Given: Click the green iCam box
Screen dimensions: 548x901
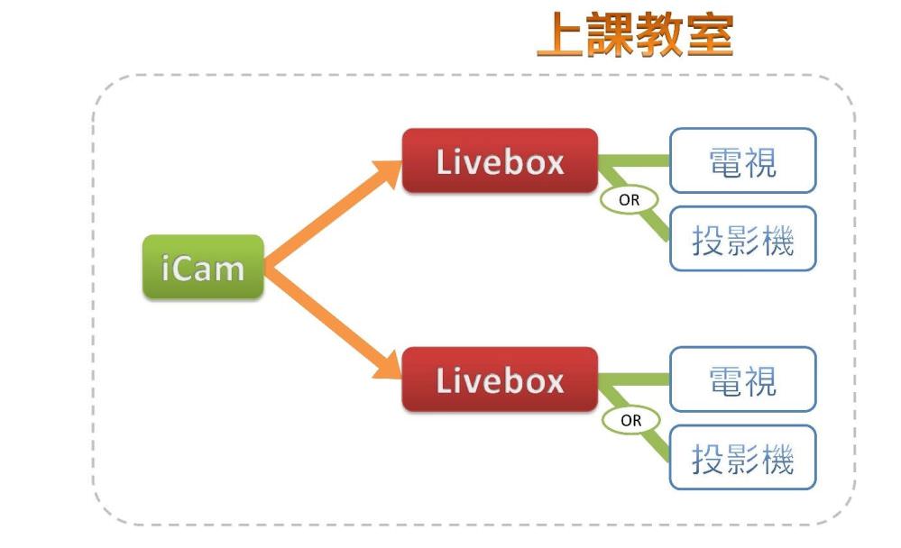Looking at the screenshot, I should click(203, 268).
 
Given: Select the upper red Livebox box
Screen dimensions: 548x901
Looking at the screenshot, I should click(500, 161).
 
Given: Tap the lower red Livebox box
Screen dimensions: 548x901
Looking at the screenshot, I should click(500, 379).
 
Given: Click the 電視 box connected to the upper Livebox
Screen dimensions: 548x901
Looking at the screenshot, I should click(742, 161).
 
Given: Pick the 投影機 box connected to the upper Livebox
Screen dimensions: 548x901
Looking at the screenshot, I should click(742, 239).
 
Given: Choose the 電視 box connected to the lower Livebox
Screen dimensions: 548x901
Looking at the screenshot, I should click(742, 379).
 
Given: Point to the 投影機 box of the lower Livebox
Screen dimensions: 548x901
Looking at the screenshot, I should click(742, 459).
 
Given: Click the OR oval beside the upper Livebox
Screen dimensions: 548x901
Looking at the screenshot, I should click(629, 200).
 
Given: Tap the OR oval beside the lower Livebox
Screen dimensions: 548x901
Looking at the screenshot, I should click(630, 420).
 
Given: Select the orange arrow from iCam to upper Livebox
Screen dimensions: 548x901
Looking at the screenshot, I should click(325, 216).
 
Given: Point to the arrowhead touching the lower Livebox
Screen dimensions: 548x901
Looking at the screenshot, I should click(387, 365).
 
